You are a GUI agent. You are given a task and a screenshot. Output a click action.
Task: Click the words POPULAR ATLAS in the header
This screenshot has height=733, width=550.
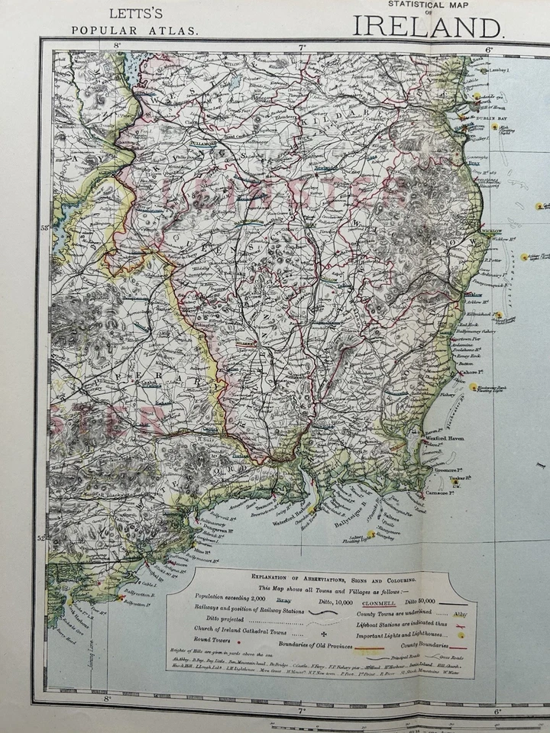click(134, 31)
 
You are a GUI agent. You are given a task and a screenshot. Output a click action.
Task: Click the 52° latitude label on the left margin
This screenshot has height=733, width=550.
click(40, 538)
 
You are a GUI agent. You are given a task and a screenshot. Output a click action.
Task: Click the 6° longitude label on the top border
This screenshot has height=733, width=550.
click(489, 48)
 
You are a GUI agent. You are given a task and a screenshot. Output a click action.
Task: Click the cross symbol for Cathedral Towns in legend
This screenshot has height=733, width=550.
click(323, 634)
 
